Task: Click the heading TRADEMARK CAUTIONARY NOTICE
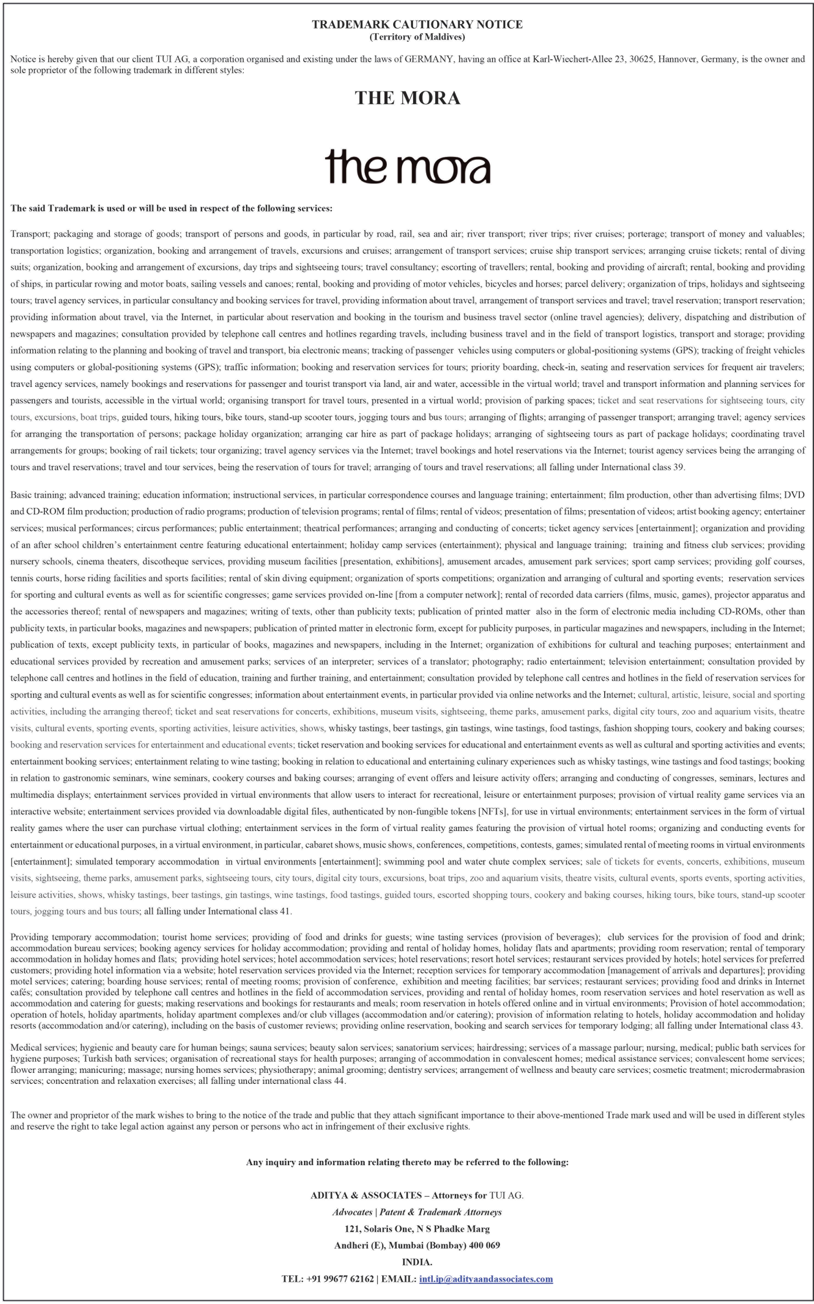coord(417,24)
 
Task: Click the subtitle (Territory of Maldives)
coord(417,37)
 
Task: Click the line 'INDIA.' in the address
coord(417,1262)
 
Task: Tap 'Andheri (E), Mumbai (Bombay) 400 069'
coord(417,1245)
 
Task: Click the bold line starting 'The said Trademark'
coord(171,208)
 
